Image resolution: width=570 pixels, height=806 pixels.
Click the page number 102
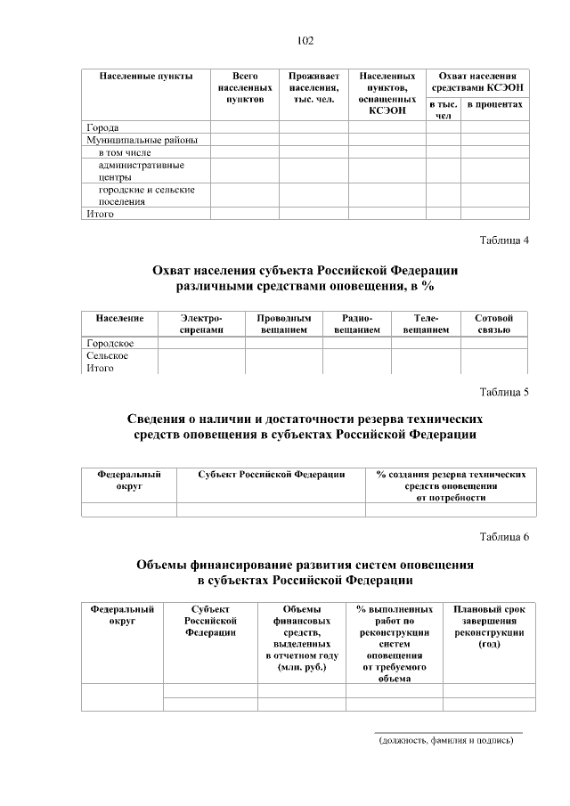tap(305, 41)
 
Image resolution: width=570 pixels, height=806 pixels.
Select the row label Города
tap(102, 127)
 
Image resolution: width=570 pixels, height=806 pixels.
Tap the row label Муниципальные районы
tap(142, 140)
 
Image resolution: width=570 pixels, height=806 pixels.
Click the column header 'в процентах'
tap(494, 105)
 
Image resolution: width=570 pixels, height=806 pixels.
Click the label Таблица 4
tap(504, 240)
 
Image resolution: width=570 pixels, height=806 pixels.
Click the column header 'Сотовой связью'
tap(494, 323)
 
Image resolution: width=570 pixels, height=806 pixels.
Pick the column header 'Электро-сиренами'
tap(201, 323)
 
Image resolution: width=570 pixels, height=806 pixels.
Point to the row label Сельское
tap(108, 355)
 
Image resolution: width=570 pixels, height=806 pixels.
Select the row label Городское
tap(110, 343)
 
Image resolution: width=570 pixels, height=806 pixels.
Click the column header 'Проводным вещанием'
tap(283, 323)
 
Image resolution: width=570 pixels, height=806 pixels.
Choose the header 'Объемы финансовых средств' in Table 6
tap(301, 638)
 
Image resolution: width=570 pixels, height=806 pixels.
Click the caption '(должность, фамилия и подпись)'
tap(446, 740)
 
